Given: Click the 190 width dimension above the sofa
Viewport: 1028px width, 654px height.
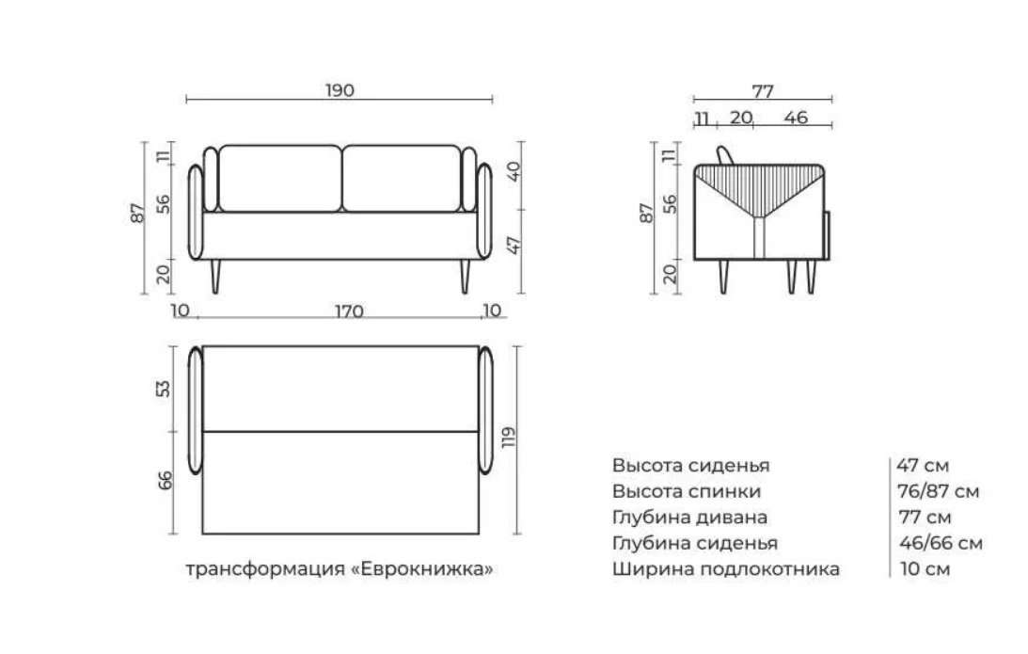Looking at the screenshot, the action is pos(340,90).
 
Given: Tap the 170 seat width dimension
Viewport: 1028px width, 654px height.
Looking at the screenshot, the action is pos(349,311).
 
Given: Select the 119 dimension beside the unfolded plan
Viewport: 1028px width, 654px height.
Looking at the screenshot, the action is pos(509,438).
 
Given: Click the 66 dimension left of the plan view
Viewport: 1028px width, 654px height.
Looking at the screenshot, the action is pos(165,480).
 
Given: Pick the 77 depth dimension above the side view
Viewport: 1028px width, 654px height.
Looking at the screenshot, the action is pos(763,91).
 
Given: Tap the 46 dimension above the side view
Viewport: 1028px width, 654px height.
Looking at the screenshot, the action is pos(796,118).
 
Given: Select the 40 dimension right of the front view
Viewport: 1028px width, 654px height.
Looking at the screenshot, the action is pos(514,171).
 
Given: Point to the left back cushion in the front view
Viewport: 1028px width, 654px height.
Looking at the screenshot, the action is pos(280,179).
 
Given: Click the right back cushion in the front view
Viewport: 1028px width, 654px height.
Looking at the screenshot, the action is pos(402,179).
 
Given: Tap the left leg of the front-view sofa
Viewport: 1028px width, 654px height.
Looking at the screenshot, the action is pos(215,276).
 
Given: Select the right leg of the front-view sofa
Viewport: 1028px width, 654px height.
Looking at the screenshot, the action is pos(465,276).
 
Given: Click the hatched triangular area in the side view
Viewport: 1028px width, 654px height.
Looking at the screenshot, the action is pos(759,186).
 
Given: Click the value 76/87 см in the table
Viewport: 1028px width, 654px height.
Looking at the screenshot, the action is pos(939,490).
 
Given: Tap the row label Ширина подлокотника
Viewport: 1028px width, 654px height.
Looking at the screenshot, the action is pos(726,568).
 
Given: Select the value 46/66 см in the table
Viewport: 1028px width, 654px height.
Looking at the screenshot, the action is pos(941,543).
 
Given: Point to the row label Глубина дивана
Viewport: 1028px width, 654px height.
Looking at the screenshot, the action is pos(689,517).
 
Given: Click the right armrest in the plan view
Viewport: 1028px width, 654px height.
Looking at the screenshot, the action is pos(485,410).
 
